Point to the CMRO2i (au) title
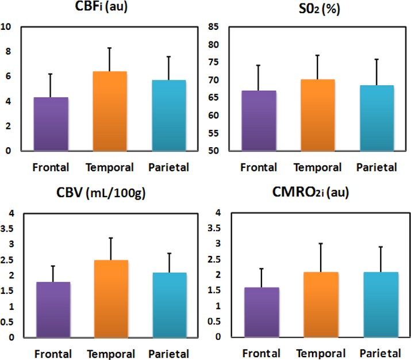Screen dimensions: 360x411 pyautogui.click(x=314, y=194)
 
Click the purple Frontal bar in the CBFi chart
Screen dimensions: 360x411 pyautogui.click(x=52, y=124)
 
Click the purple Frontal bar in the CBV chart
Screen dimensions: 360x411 pyautogui.click(x=53, y=309)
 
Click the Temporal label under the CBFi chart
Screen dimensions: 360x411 pyautogui.click(x=110, y=167)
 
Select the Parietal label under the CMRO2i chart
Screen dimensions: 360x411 pyautogui.click(x=376, y=353)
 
